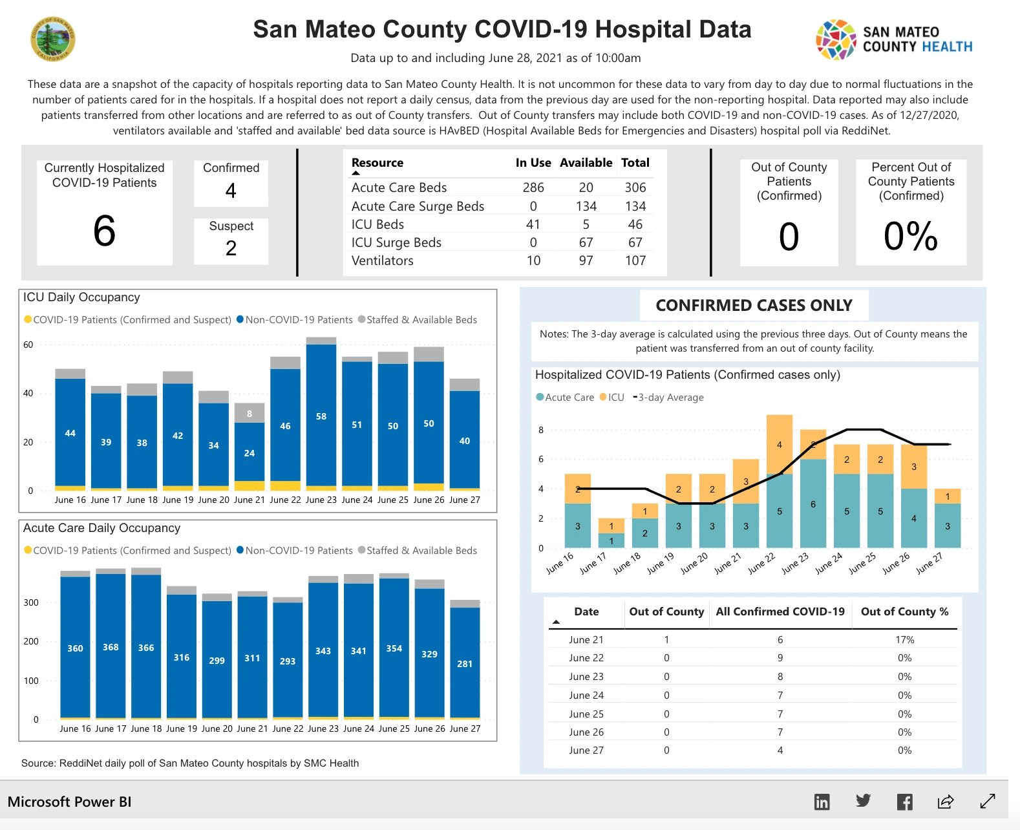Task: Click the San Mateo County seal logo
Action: pyautogui.click(x=53, y=39)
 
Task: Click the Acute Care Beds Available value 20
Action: pyautogui.click(x=586, y=187)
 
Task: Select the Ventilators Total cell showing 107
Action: pyautogui.click(x=635, y=261)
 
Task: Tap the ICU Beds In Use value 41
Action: pyautogui.click(x=533, y=224)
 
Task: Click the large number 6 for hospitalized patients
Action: pyautogui.click(x=104, y=231)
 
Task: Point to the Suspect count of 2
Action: pyautogui.click(x=231, y=248)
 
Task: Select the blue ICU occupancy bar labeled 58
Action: pyautogui.click(x=321, y=416)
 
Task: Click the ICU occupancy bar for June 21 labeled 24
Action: pyautogui.click(x=250, y=452)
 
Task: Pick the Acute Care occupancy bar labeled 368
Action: pyautogui.click(x=111, y=647)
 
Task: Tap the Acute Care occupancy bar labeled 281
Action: pyautogui.click(x=465, y=663)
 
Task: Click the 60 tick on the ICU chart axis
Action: pyautogui.click(x=28, y=345)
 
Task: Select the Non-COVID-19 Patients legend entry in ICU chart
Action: pyautogui.click(x=295, y=320)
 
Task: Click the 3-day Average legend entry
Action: pyautogui.click(x=669, y=398)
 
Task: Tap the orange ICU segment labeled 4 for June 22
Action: pyautogui.click(x=780, y=445)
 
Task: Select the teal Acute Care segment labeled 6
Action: pyautogui.click(x=813, y=504)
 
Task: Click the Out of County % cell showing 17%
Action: pyautogui.click(x=904, y=639)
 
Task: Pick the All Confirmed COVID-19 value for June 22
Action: pyautogui.click(x=780, y=658)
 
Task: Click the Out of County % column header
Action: pyautogui.click(x=904, y=612)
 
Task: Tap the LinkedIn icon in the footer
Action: pyautogui.click(x=822, y=802)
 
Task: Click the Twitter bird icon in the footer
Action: pyautogui.click(x=863, y=802)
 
